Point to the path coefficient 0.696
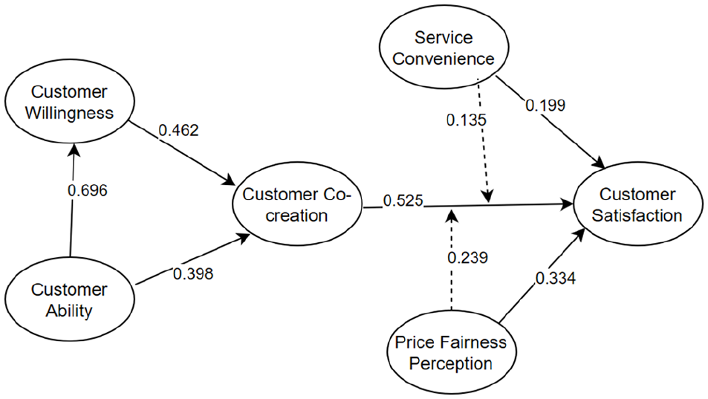88,190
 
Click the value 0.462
179,130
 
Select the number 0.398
193,273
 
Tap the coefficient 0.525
403,201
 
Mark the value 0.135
467,120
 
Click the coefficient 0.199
545,106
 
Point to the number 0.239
468,257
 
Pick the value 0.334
556,278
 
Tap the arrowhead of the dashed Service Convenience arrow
487,196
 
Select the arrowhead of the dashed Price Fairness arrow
452,215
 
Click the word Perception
451,364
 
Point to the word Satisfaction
637,215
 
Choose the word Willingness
69,113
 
